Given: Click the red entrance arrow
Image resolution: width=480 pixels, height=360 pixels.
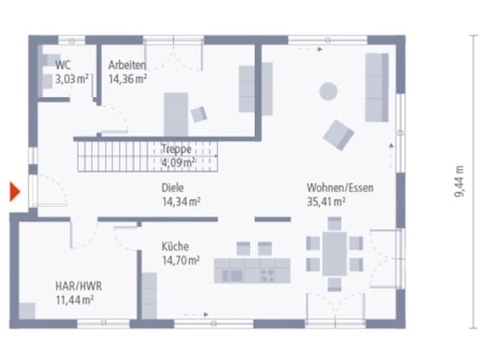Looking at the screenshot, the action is coord(15,192).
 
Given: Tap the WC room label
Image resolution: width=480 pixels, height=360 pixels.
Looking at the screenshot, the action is coord(63,65).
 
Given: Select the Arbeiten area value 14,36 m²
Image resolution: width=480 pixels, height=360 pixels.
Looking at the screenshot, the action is coord(127,79).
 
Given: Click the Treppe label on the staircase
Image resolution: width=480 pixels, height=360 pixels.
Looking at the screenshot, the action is coord(176,149).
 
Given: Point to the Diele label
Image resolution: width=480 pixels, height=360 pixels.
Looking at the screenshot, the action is coord(172,187).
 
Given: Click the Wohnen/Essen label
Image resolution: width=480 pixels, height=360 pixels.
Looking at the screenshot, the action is coord(340,187).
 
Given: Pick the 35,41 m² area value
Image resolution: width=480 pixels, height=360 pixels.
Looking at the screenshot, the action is coord(326,202).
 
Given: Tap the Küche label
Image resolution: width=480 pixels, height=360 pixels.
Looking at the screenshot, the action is coord(175,247).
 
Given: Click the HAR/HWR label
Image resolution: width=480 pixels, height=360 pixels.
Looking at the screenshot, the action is coord(79,286).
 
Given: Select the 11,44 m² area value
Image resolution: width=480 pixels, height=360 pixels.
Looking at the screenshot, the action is coord(75,300).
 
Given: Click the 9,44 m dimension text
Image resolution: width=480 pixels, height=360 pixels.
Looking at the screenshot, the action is coord(459,181).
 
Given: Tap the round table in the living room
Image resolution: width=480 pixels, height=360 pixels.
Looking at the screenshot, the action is coord(328,91).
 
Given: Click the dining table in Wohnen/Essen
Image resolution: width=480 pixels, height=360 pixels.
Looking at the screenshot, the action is coord(334,253).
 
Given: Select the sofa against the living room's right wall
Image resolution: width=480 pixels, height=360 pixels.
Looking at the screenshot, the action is coord(376,88).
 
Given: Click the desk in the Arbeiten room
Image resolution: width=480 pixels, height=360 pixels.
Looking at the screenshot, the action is coord(176,115).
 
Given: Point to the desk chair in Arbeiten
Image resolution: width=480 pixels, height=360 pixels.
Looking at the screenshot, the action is coord(199,115).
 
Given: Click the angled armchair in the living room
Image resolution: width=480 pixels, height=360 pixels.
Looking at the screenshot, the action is coord(338,135).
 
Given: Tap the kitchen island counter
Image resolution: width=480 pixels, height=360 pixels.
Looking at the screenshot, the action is coord(252,271).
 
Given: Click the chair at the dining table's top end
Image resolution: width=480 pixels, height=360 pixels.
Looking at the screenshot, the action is coord(334,223).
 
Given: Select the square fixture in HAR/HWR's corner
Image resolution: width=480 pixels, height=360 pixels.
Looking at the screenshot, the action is coord(27,311).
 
